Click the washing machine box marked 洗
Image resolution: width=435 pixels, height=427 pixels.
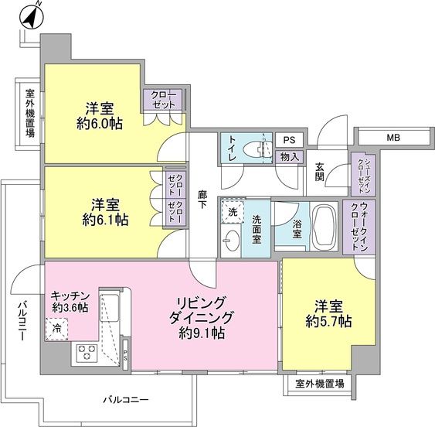click(x=231, y=211)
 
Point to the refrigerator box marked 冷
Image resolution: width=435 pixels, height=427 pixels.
click(x=57, y=329)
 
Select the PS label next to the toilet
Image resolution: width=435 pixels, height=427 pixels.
click(x=289, y=140)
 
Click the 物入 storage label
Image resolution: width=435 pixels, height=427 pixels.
click(x=289, y=157)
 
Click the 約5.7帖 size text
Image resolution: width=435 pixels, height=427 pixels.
click(x=328, y=320)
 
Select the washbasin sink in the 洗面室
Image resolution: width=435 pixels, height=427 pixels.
click(x=232, y=242)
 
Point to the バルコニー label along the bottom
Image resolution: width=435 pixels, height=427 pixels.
click(x=125, y=400)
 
